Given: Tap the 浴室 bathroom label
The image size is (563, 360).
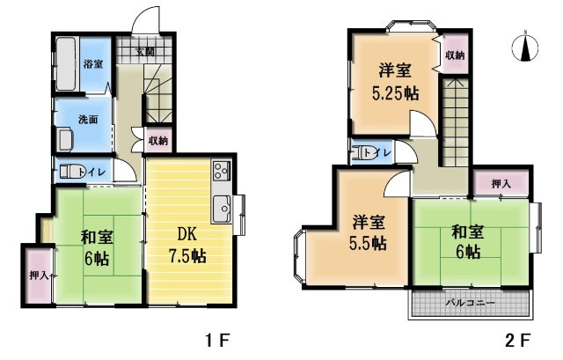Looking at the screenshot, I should coord(93,64).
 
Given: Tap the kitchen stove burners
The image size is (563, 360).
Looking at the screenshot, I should coord(220,169).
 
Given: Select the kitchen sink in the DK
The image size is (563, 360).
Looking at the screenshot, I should coord(221,209).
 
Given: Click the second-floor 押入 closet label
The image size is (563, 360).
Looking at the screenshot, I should coord(501,184).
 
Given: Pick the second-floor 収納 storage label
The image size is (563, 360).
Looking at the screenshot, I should coord(454,55).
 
